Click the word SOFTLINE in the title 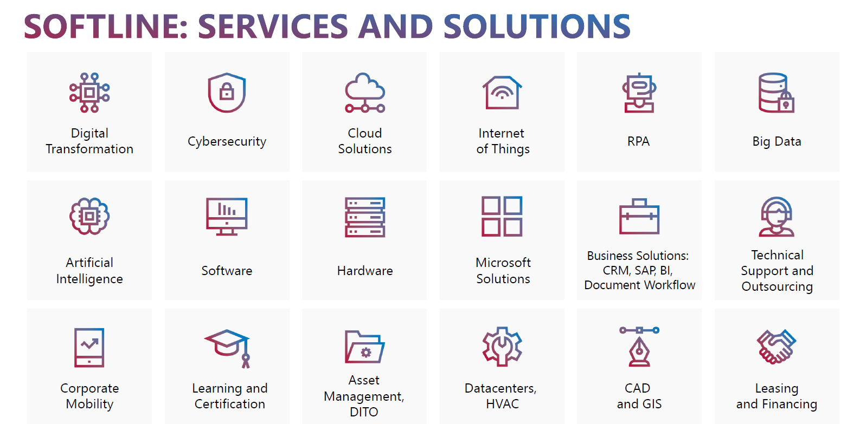tap(106, 27)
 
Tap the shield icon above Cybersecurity tap(227, 93)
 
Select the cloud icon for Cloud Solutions tap(365, 93)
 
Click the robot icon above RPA tap(639, 93)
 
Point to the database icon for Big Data tap(777, 93)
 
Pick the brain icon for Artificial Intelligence tap(89, 217)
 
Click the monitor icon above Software tap(227, 217)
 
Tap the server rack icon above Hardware tap(365, 217)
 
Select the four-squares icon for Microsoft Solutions tap(502, 217)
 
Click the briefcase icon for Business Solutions tap(639, 217)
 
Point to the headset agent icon tap(777, 217)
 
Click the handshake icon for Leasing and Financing tap(777, 347)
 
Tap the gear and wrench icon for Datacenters tap(502, 347)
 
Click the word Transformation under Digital tap(89, 149)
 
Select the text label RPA tap(638, 141)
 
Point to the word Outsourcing tap(777, 286)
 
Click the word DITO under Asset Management tap(364, 412)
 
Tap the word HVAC tap(502, 404)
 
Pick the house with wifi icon tap(502, 93)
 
